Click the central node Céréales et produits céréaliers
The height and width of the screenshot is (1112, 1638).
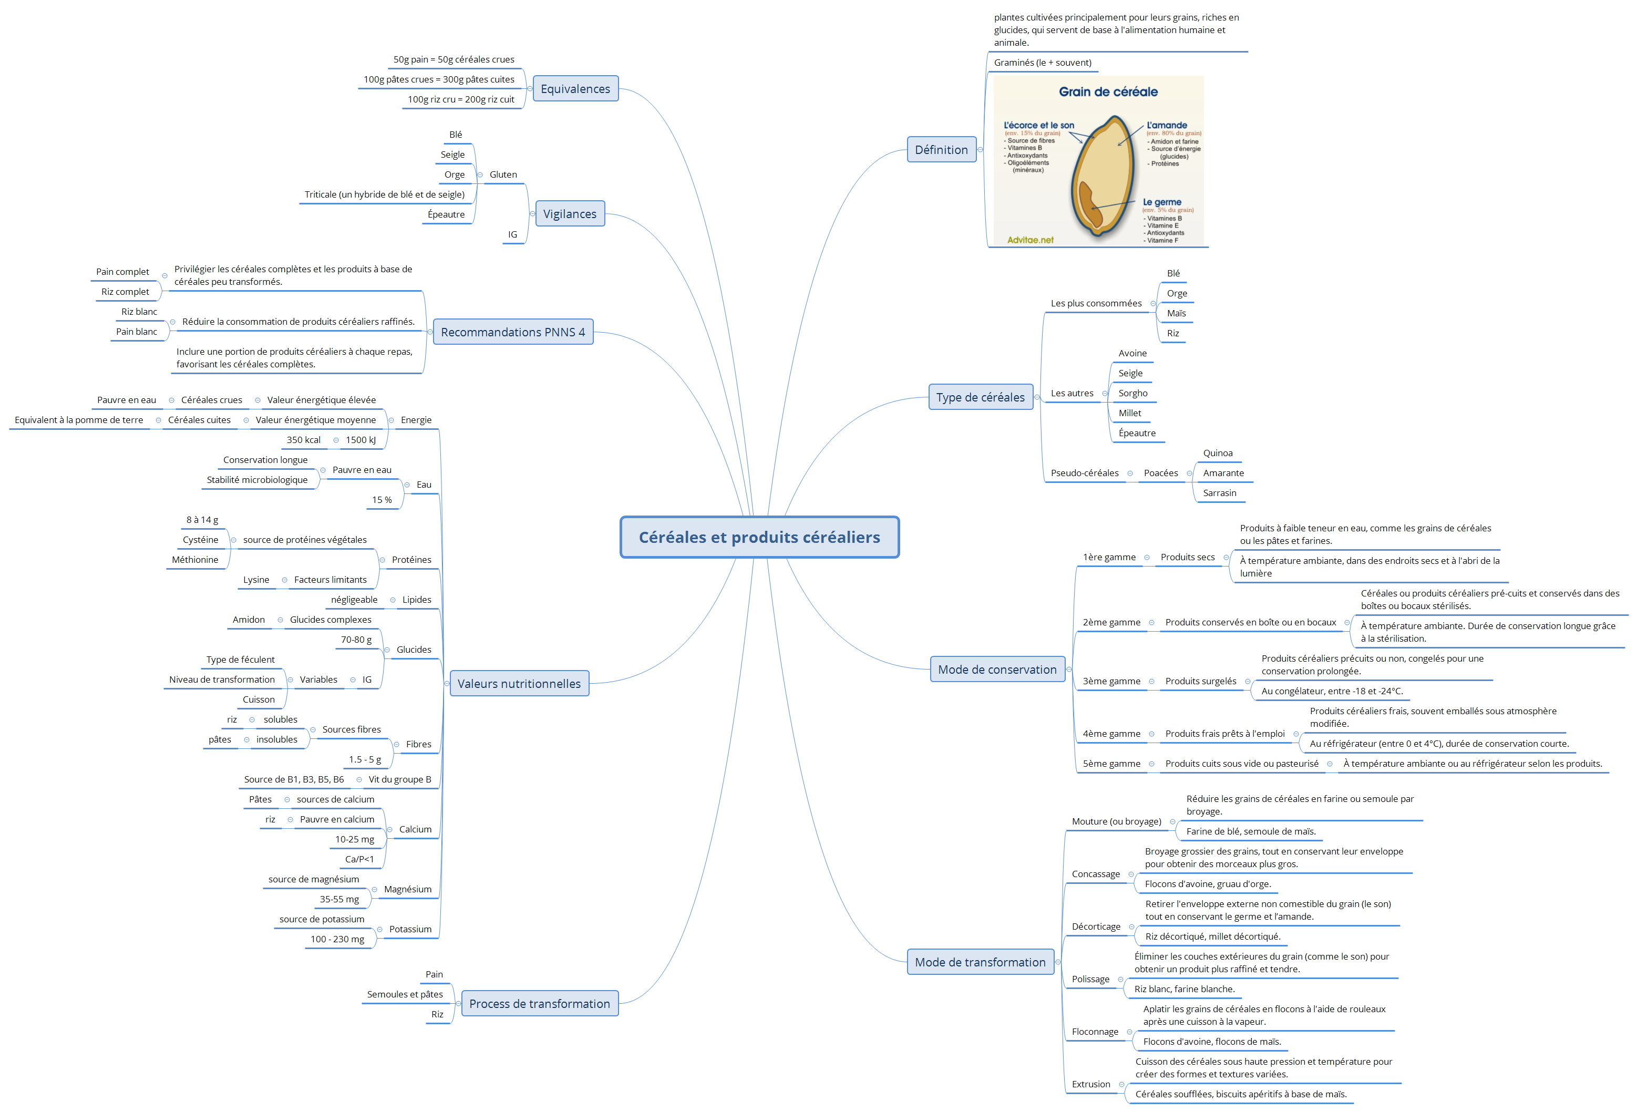point(759,537)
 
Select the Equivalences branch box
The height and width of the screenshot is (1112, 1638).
point(575,89)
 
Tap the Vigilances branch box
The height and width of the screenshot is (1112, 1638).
point(570,213)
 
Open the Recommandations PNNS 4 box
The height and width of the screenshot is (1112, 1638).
point(512,332)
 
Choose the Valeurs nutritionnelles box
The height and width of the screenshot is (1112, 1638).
point(519,684)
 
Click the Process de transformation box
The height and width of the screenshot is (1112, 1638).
point(539,1003)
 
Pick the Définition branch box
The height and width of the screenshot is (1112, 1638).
point(941,149)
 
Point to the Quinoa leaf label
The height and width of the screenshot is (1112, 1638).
point(1217,453)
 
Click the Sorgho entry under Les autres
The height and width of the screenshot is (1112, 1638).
point(1132,393)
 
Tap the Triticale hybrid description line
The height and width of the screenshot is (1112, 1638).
point(384,194)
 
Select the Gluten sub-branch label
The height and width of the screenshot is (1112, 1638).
point(503,175)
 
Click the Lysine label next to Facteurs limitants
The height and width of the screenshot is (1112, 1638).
point(256,580)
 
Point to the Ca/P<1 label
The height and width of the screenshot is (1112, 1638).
point(359,859)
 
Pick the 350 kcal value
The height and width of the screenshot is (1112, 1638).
point(303,440)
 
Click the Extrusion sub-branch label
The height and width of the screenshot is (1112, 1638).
point(1090,1084)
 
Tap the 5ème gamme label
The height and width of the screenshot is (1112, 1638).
point(1111,763)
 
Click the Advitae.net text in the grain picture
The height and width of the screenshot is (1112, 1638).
point(1030,240)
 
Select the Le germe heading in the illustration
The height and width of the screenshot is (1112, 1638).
point(1161,202)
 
